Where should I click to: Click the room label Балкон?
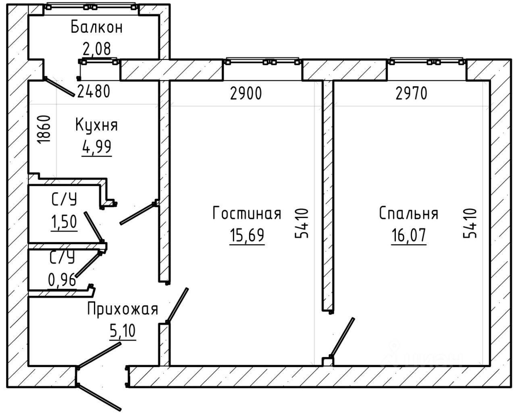click(x=97, y=27)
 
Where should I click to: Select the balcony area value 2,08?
click(x=97, y=49)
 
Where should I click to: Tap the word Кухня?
click(x=96, y=125)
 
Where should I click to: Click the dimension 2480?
click(x=94, y=91)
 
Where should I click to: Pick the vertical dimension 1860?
click(x=44, y=129)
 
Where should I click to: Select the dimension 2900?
click(x=246, y=93)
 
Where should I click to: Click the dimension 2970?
click(x=411, y=93)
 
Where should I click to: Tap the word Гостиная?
click(x=247, y=213)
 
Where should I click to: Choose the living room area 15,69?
click(x=247, y=235)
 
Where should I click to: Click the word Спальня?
click(x=409, y=213)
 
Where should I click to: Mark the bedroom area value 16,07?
click(x=409, y=235)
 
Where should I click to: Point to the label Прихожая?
click(x=123, y=309)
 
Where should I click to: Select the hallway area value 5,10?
click(x=123, y=331)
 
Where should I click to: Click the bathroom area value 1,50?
click(x=64, y=222)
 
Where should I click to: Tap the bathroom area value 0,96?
click(x=62, y=280)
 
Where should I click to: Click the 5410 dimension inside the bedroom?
click(x=470, y=223)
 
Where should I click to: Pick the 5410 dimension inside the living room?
click(x=302, y=223)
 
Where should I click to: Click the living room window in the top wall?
click(x=262, y=62)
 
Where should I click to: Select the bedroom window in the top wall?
click(x=427, y=62)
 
